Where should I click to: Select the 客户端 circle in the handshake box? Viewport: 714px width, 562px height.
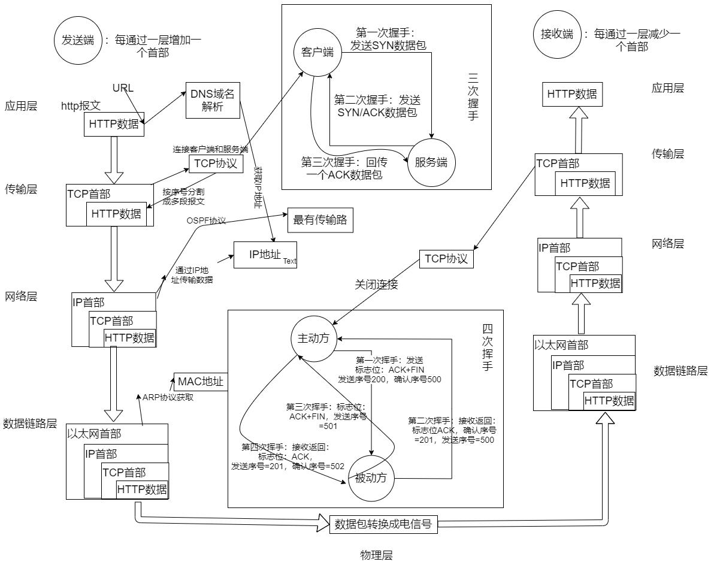point(317,53)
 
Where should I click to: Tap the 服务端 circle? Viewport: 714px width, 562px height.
point(431,163)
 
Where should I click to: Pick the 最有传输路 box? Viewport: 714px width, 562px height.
point(320,220)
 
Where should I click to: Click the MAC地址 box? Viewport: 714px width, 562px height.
point(201,382)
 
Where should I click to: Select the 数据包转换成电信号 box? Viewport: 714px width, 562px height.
point(384,522)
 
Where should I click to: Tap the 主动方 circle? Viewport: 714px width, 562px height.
point(313,337)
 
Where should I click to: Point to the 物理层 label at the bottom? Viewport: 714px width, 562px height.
point(376,555)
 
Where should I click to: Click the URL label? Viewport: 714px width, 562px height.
point(123,88)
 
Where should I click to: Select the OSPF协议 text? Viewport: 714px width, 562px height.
point(207,221)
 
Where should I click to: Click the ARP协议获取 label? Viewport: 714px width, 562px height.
point(168,397)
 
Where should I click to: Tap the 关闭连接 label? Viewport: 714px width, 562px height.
point(377,285)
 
